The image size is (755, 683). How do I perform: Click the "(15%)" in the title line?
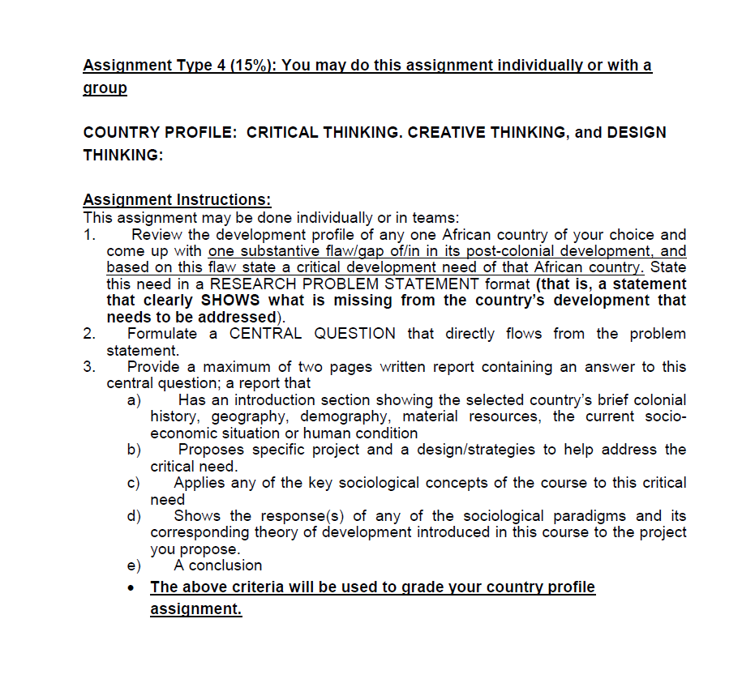pos(251,66)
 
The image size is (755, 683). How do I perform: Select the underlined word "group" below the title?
pos(105,88)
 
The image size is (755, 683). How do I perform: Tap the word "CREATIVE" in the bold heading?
pos(450,132)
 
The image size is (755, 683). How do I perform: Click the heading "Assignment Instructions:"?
pos(177,200)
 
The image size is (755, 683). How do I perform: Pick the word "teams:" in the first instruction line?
pos(437,217)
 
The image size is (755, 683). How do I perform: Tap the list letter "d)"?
pos(134,516)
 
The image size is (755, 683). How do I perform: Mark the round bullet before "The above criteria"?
pos(133,587)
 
